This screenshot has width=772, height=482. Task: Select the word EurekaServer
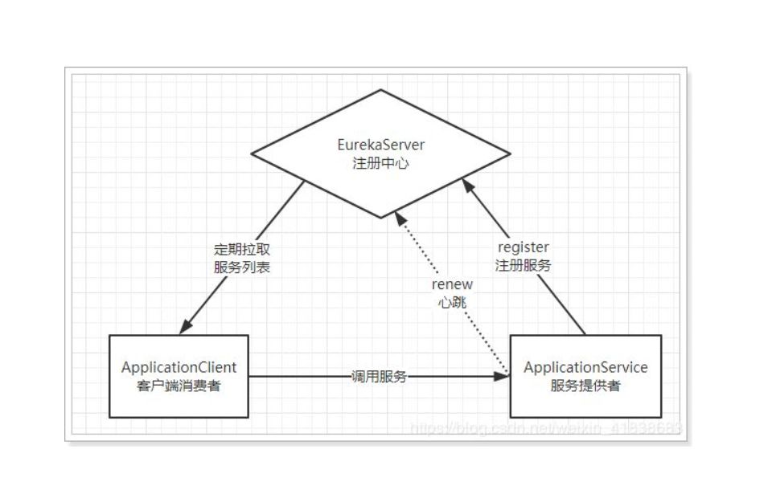(x=380, y=145)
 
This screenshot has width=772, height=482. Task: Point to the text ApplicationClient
(x=179, y=368)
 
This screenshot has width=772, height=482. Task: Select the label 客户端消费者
(x=179, y=385)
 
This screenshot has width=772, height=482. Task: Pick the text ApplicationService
(x=585, y=368)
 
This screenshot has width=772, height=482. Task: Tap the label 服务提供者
(x=585, y=385)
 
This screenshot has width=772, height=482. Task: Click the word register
(x=524, y=247)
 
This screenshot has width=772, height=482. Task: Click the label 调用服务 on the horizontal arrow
(x=379, y=375)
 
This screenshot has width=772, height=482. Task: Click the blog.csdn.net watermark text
(x=547, y=428)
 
